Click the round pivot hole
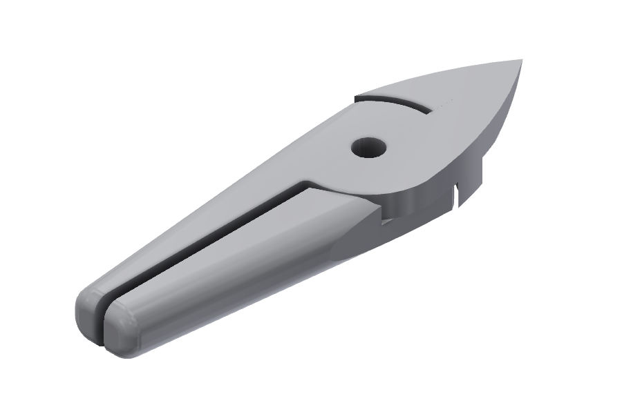click(368, 147)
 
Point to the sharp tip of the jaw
click(520, 61)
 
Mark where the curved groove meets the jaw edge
click(358, 99)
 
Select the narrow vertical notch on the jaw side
click(457, 195)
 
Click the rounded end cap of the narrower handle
click(90, 315)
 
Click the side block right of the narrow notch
click(470, 186)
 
